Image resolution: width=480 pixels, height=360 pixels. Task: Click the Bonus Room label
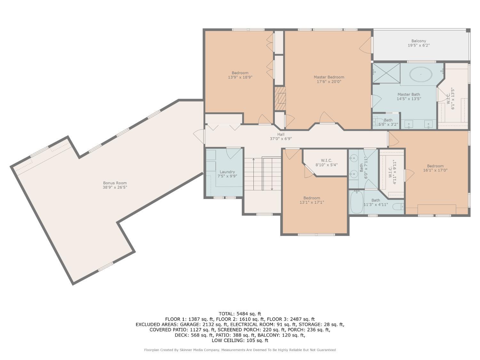point(115,183)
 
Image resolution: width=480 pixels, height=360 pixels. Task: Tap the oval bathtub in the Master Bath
point(420,74)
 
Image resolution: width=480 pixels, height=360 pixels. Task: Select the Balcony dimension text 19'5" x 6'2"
point(419,45)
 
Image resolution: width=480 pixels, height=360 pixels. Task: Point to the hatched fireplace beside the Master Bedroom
point(280,99)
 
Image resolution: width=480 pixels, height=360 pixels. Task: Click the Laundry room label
point(227,172)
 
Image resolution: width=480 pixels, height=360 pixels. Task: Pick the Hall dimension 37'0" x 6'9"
point(281,139)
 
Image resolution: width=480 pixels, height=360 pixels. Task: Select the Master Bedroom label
point(329,77)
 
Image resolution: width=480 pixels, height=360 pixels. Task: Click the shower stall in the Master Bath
point(387,73)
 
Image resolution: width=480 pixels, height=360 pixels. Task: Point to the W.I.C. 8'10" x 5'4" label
point(326,163)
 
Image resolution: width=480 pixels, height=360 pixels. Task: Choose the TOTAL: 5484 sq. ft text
point(240,314)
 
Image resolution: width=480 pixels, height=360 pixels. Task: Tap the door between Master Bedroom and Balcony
point(366,45)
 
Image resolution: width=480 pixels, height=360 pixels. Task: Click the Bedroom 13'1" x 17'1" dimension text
point(312,203)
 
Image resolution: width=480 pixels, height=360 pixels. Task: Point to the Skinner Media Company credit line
point(240,350)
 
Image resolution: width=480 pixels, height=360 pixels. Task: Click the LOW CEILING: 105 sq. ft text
point(240,340)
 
